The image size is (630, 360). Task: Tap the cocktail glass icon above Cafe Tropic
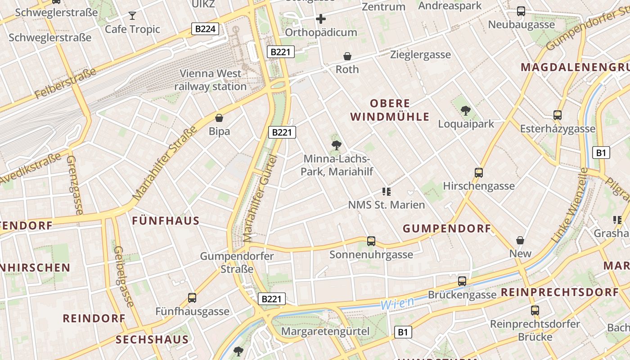point(132,16)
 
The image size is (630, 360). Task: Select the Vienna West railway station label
point(211,80)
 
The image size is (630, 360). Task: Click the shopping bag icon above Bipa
point(219,118)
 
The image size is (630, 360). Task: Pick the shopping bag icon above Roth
point(347,56)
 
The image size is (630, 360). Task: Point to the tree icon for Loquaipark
point(466,110)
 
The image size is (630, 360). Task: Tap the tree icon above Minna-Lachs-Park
point(336,145)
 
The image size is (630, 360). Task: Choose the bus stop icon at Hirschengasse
point(479,172)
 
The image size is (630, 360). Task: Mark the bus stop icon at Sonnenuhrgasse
point(371,241)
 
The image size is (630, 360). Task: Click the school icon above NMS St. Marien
point(386,192)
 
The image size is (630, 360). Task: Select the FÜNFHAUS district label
point(166,220)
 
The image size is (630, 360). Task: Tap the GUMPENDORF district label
point(447,229)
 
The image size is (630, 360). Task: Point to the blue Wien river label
point(397,303)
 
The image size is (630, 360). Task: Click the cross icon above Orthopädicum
point(321,19)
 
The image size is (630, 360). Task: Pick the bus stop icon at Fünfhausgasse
point(192,297)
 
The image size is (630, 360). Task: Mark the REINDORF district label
point(94,318)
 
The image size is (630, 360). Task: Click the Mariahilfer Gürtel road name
point(259,199)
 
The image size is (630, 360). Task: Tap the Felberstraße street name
point(66,84)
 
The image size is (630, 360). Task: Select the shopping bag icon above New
point(520,240)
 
